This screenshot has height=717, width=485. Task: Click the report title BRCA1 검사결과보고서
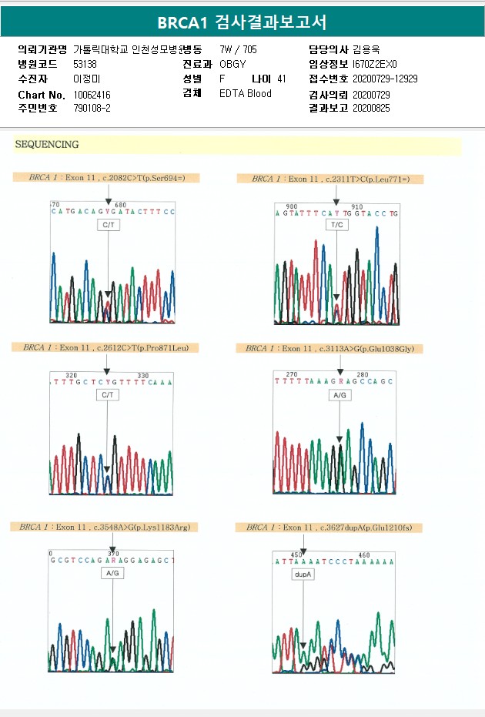pos(242,22)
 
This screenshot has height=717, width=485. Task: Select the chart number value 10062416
pos(92,94)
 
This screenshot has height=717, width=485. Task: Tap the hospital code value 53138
pos(85,64)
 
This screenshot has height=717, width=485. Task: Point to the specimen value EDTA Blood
pos(245,93)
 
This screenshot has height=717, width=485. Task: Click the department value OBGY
pos(232,64)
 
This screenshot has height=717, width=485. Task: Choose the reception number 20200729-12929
pos(385,79)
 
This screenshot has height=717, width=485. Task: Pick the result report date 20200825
pos(371,109)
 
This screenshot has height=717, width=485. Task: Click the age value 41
pos(281,79)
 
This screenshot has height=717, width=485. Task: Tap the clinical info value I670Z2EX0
pos(376,64)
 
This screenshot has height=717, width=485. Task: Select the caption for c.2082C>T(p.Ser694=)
pos(105,178)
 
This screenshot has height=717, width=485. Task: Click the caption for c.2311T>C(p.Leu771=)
pos(331,179)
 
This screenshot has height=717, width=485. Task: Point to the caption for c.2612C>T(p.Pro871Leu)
pos(105,348)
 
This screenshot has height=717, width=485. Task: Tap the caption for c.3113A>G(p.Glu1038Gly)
pos(329,349)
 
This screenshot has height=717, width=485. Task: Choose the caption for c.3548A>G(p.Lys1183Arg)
pos(104,527)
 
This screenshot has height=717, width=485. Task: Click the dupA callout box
pos(303,574)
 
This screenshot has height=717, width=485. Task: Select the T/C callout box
pos(336,225)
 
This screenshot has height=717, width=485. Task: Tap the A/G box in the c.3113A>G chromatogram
pos(339,395)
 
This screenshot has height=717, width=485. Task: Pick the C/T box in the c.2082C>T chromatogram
pos(109,225)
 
